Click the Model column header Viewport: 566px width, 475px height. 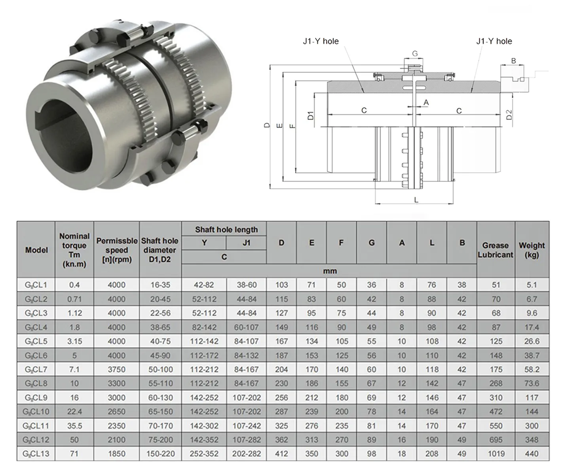click(x=36, y=250)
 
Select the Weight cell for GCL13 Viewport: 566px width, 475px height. click(x=532, y=454)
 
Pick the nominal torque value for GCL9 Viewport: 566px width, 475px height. click(x=74, y=397)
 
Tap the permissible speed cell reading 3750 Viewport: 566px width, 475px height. click(x=116, y=369)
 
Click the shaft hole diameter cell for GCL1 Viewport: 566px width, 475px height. click(x=160, y=285)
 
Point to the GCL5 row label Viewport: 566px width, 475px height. click(x=36, y=341)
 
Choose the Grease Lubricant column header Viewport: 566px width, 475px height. click(x=495, y=250)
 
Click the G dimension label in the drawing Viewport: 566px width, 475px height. click(x=415, y=54)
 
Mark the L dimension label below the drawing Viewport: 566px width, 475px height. click(x=416, y=200)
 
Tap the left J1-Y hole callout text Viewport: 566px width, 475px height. click(x=321, y=41)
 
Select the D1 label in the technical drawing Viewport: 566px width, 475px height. click(x=311, y=115)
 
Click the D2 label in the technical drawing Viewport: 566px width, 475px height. click(x=509, y=115)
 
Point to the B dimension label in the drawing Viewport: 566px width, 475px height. click(x=513, y=61)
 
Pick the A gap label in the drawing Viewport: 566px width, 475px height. click(x=426, y=103)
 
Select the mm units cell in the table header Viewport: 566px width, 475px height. click(x=329, y=271)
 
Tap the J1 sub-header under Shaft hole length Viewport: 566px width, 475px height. click(x=246, y=243)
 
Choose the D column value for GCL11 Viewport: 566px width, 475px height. click(x=281, y=426)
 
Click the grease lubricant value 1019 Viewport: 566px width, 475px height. click(x=496, y=454)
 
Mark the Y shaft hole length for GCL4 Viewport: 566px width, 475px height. click(x=204, y=327)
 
